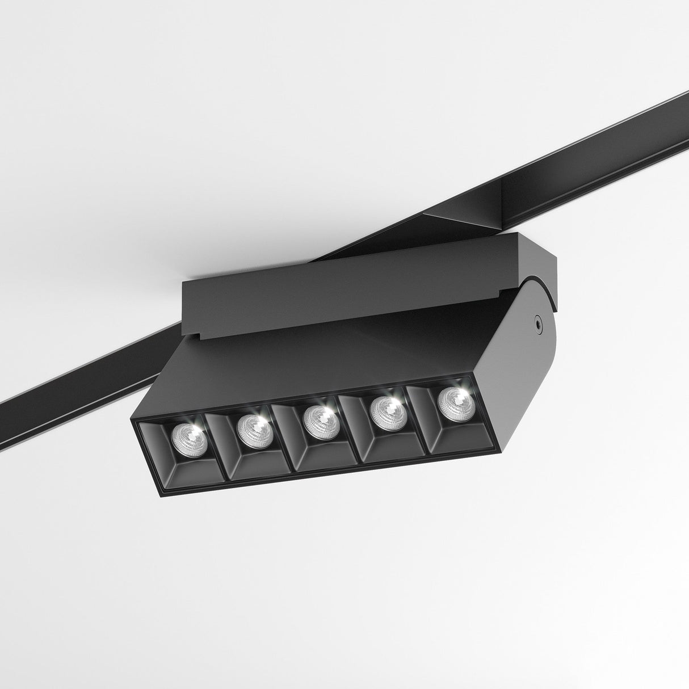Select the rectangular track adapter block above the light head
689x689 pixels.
(x=341, y=295)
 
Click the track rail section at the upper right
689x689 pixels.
(x=596, y=148)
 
